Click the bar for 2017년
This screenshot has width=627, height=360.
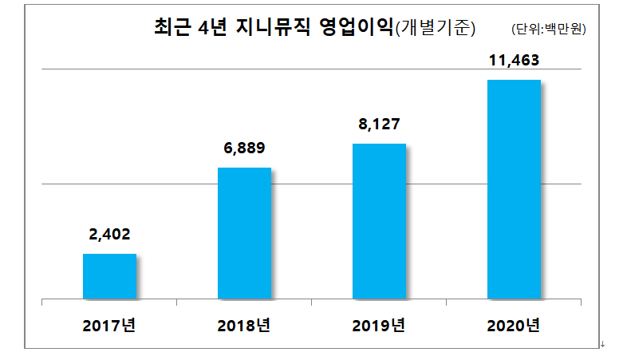tap(110, 276)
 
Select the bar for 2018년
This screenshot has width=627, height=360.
tap(244, 233)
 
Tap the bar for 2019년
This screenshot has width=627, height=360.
tap(379, 221)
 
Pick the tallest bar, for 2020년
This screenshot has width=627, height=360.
tap(514, 189)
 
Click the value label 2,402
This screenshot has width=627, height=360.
tap(110, 235)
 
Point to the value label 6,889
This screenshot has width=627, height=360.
tap(244, 148)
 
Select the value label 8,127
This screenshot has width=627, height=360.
tap(379, 125)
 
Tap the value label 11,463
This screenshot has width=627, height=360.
tap(514, 61)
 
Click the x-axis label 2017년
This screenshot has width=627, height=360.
tap(110, 326)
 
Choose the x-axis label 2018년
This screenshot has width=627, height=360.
tap(244, 326)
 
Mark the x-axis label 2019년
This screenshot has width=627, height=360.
tap(379, 326)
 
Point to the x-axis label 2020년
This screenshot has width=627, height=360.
tap(514, 326)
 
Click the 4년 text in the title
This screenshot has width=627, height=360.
tap(214, 29)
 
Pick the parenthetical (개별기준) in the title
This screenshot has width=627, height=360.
tap(436, 30)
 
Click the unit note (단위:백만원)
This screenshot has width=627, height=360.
tap(549, 30)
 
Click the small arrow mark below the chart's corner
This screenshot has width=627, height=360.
tap(602, 345)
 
